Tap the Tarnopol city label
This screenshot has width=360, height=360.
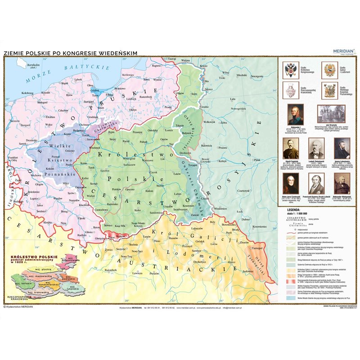257,248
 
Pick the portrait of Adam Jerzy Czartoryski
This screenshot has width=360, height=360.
291,183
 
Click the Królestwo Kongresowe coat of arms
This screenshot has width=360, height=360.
289,70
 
